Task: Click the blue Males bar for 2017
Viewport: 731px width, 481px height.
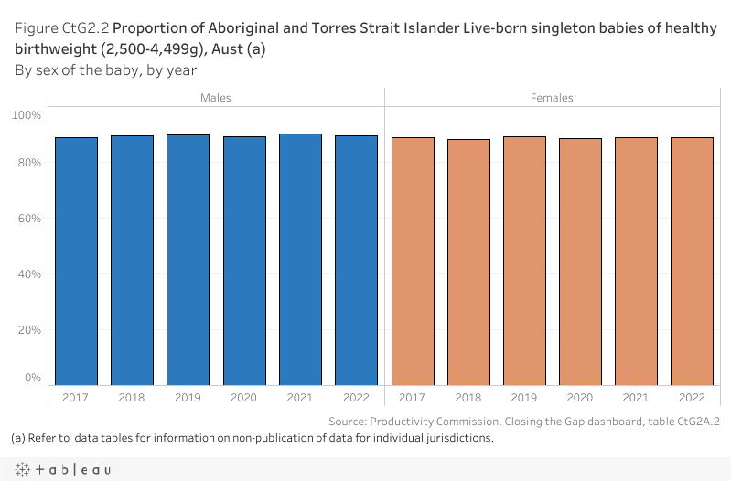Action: pyautogui.click(x=76, y=261)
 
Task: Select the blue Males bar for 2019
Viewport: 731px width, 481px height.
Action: pyautogui.click(x=188, y=260)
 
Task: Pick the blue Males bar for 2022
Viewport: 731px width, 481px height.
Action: pyautogui.click(x=356, y=260)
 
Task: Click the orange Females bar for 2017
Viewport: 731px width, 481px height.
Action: pyautogui.click(x=413, y=261)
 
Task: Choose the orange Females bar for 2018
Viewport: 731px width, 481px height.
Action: pyautogui.click(x=468, y=262)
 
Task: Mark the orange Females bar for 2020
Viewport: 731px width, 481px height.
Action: pyautogui.click(x=580, y=262)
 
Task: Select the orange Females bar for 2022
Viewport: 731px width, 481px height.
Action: pyautogui.click(x=692, y=261)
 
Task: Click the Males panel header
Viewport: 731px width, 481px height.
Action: pyautogui.click(x=216, y=98)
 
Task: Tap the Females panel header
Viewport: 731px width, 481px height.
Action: pyautogui.click(x=552, y=98)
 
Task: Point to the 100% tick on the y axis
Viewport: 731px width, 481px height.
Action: pyautogui.click(x=27, y=115)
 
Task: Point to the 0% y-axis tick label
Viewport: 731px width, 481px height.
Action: pyautogui.click(x=33, y=377)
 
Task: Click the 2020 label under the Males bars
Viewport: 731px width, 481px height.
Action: pyautogui.click(x=244, y=398)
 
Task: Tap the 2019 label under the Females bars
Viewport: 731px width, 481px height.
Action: pyautogui.click(x=524, y=398)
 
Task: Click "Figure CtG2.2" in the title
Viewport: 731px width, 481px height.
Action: pyautogui.click(x=61, y=29)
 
